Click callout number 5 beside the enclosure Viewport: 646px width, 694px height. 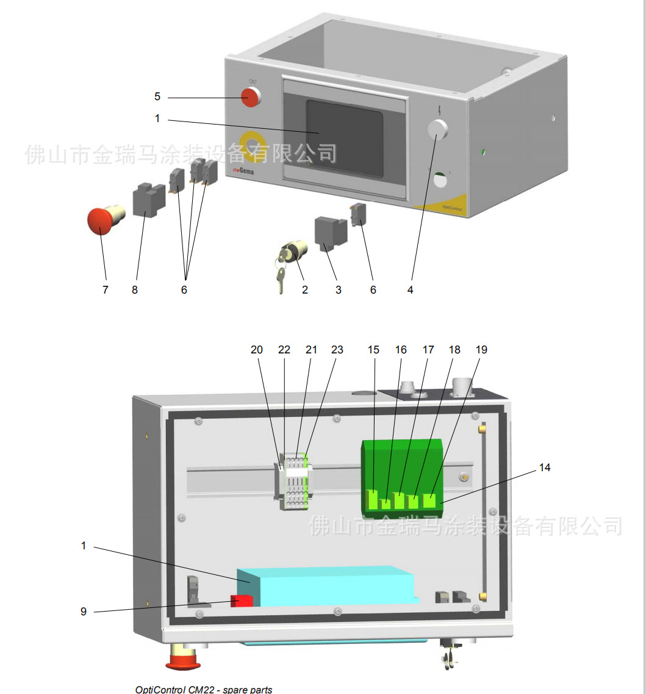pos(157,96)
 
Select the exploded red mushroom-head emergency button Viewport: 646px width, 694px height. pos(101,221)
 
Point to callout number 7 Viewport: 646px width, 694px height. pos(106,290)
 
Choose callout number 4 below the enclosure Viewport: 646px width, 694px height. pos(410,290)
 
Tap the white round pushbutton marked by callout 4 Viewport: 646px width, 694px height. pos(437,129)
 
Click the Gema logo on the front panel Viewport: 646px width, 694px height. pos(243,172)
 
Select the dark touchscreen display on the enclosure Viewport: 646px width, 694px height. pos(344,140)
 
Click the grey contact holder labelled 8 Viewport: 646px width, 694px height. pos(148,200)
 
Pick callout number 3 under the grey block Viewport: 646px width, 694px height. pos(339,290)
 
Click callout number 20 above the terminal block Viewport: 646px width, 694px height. pos(257,350)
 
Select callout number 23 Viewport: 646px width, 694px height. pos(337,350)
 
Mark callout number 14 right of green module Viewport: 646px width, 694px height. pos(544,467)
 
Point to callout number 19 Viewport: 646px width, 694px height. pos(481,350)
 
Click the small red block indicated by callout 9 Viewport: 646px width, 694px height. pos(242,601)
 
